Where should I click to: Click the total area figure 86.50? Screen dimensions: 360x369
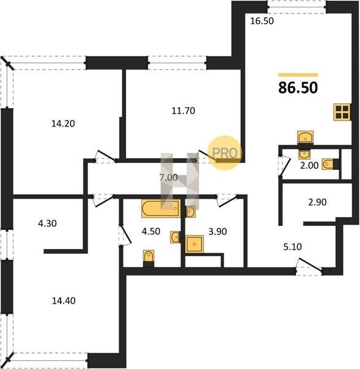coord(298,87)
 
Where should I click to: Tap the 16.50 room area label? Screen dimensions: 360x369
coord(262,21)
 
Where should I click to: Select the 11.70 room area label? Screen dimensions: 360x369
coord(183,110)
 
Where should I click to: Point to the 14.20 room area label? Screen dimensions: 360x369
coord(63,124)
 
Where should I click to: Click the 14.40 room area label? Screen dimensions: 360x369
coord(63,301)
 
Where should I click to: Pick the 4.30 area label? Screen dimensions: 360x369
coord(47,223)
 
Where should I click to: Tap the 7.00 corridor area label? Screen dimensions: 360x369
coord(168,178)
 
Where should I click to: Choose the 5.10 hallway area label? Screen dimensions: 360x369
coord(292,247)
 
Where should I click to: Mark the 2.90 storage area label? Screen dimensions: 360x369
coord(318,202)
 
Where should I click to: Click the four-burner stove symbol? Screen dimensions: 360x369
coord(342,112)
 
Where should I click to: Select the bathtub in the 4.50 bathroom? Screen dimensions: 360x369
coord(161,208)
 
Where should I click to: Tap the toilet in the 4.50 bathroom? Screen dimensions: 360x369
coord(149,258)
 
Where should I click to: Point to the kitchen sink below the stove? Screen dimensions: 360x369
coord(305,137)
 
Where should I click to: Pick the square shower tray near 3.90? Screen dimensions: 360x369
coord(194,244)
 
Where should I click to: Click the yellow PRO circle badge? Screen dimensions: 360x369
coord(225,153)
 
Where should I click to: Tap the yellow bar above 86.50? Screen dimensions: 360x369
coord(298,75)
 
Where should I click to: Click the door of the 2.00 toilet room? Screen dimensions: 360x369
coord(285,165)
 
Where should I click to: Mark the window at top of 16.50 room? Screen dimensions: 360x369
coord(297,7)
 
